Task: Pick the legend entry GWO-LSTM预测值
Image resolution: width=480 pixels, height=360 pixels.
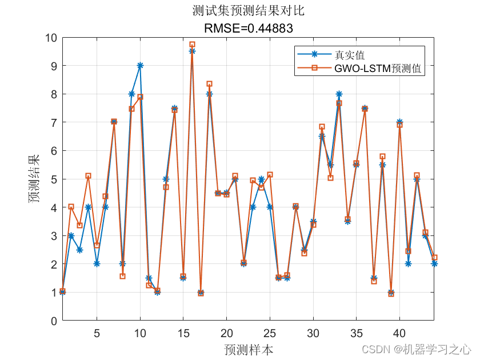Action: pos(378,69)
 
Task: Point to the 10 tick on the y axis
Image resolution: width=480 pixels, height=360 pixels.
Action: pos(51,38)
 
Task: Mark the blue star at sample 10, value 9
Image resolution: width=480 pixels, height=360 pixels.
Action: pos(140,66)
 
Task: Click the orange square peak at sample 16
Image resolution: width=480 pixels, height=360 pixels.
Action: pos(192,44)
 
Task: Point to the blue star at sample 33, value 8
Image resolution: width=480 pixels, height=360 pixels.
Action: pos(339,94)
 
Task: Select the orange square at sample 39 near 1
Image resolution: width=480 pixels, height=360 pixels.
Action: pos(391,294)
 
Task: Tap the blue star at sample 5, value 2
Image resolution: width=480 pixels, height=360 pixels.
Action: pos(97,264)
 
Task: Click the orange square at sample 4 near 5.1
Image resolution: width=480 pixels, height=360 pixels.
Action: pos(88,176)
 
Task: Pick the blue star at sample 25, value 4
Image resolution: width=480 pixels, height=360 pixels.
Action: pos(270,207)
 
